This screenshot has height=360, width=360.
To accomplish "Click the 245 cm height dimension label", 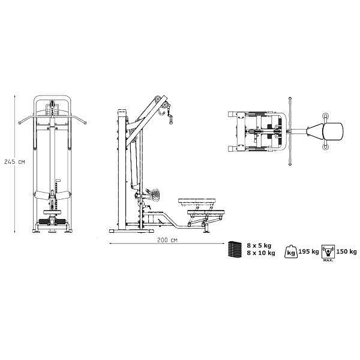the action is coord(14,161).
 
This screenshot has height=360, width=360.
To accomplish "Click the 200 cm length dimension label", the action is coord(167,240).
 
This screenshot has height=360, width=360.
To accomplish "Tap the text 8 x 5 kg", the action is coord(259,245).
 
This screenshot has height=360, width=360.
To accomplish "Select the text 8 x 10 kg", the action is coord(261,253).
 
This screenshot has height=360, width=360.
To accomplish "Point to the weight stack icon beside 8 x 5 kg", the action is coord(235,249).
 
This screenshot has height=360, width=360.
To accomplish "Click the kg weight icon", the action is coord(291,251).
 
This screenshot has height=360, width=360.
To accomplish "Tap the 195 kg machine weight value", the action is coord(308,251).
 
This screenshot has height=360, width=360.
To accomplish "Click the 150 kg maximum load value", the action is coord(346,251).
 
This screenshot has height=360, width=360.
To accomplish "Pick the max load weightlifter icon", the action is coord(328,252).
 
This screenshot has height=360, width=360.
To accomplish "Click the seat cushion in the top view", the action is coord(333,131).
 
